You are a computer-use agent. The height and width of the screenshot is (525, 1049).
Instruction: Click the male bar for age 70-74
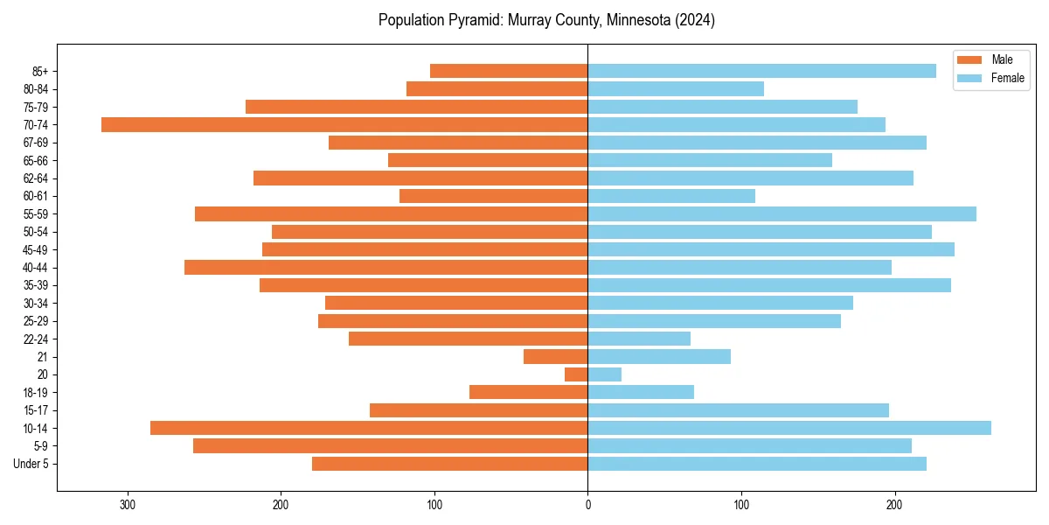(x=344, y=125)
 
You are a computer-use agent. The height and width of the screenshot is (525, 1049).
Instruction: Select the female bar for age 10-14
(x=789, y=428)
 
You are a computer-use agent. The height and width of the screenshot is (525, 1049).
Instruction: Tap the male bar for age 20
(x=576, y=374)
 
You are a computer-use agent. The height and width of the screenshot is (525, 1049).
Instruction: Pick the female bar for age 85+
(x=761, y=71)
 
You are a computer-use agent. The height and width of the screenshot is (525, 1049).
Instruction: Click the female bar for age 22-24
(x=639, y=339)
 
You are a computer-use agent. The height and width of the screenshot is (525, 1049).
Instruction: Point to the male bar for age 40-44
(x=386, y=268)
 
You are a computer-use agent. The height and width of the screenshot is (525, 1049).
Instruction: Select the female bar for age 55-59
(x=782, y=214)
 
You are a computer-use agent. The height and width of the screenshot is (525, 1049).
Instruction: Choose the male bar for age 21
(x=555, y=357)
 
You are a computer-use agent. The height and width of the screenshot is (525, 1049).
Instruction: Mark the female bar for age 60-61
(x=671, y=196)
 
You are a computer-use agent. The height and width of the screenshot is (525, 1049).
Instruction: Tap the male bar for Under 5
(x=449, y=464)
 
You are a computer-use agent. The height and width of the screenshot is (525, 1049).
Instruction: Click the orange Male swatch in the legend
(x=970, y=59)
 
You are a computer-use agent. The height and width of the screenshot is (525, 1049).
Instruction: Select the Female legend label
(x=1007, y=78)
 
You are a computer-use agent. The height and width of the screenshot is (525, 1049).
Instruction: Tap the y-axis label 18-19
(x=37, y=393)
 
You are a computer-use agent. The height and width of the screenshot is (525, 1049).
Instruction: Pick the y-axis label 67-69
(x=37, y=143)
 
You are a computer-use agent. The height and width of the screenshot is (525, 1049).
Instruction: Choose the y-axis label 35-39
(x=37, y=285)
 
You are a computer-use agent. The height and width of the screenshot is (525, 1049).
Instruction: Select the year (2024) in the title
(x=693, y=20)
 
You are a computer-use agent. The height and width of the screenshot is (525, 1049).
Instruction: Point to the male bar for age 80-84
(x=497, y=89)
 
